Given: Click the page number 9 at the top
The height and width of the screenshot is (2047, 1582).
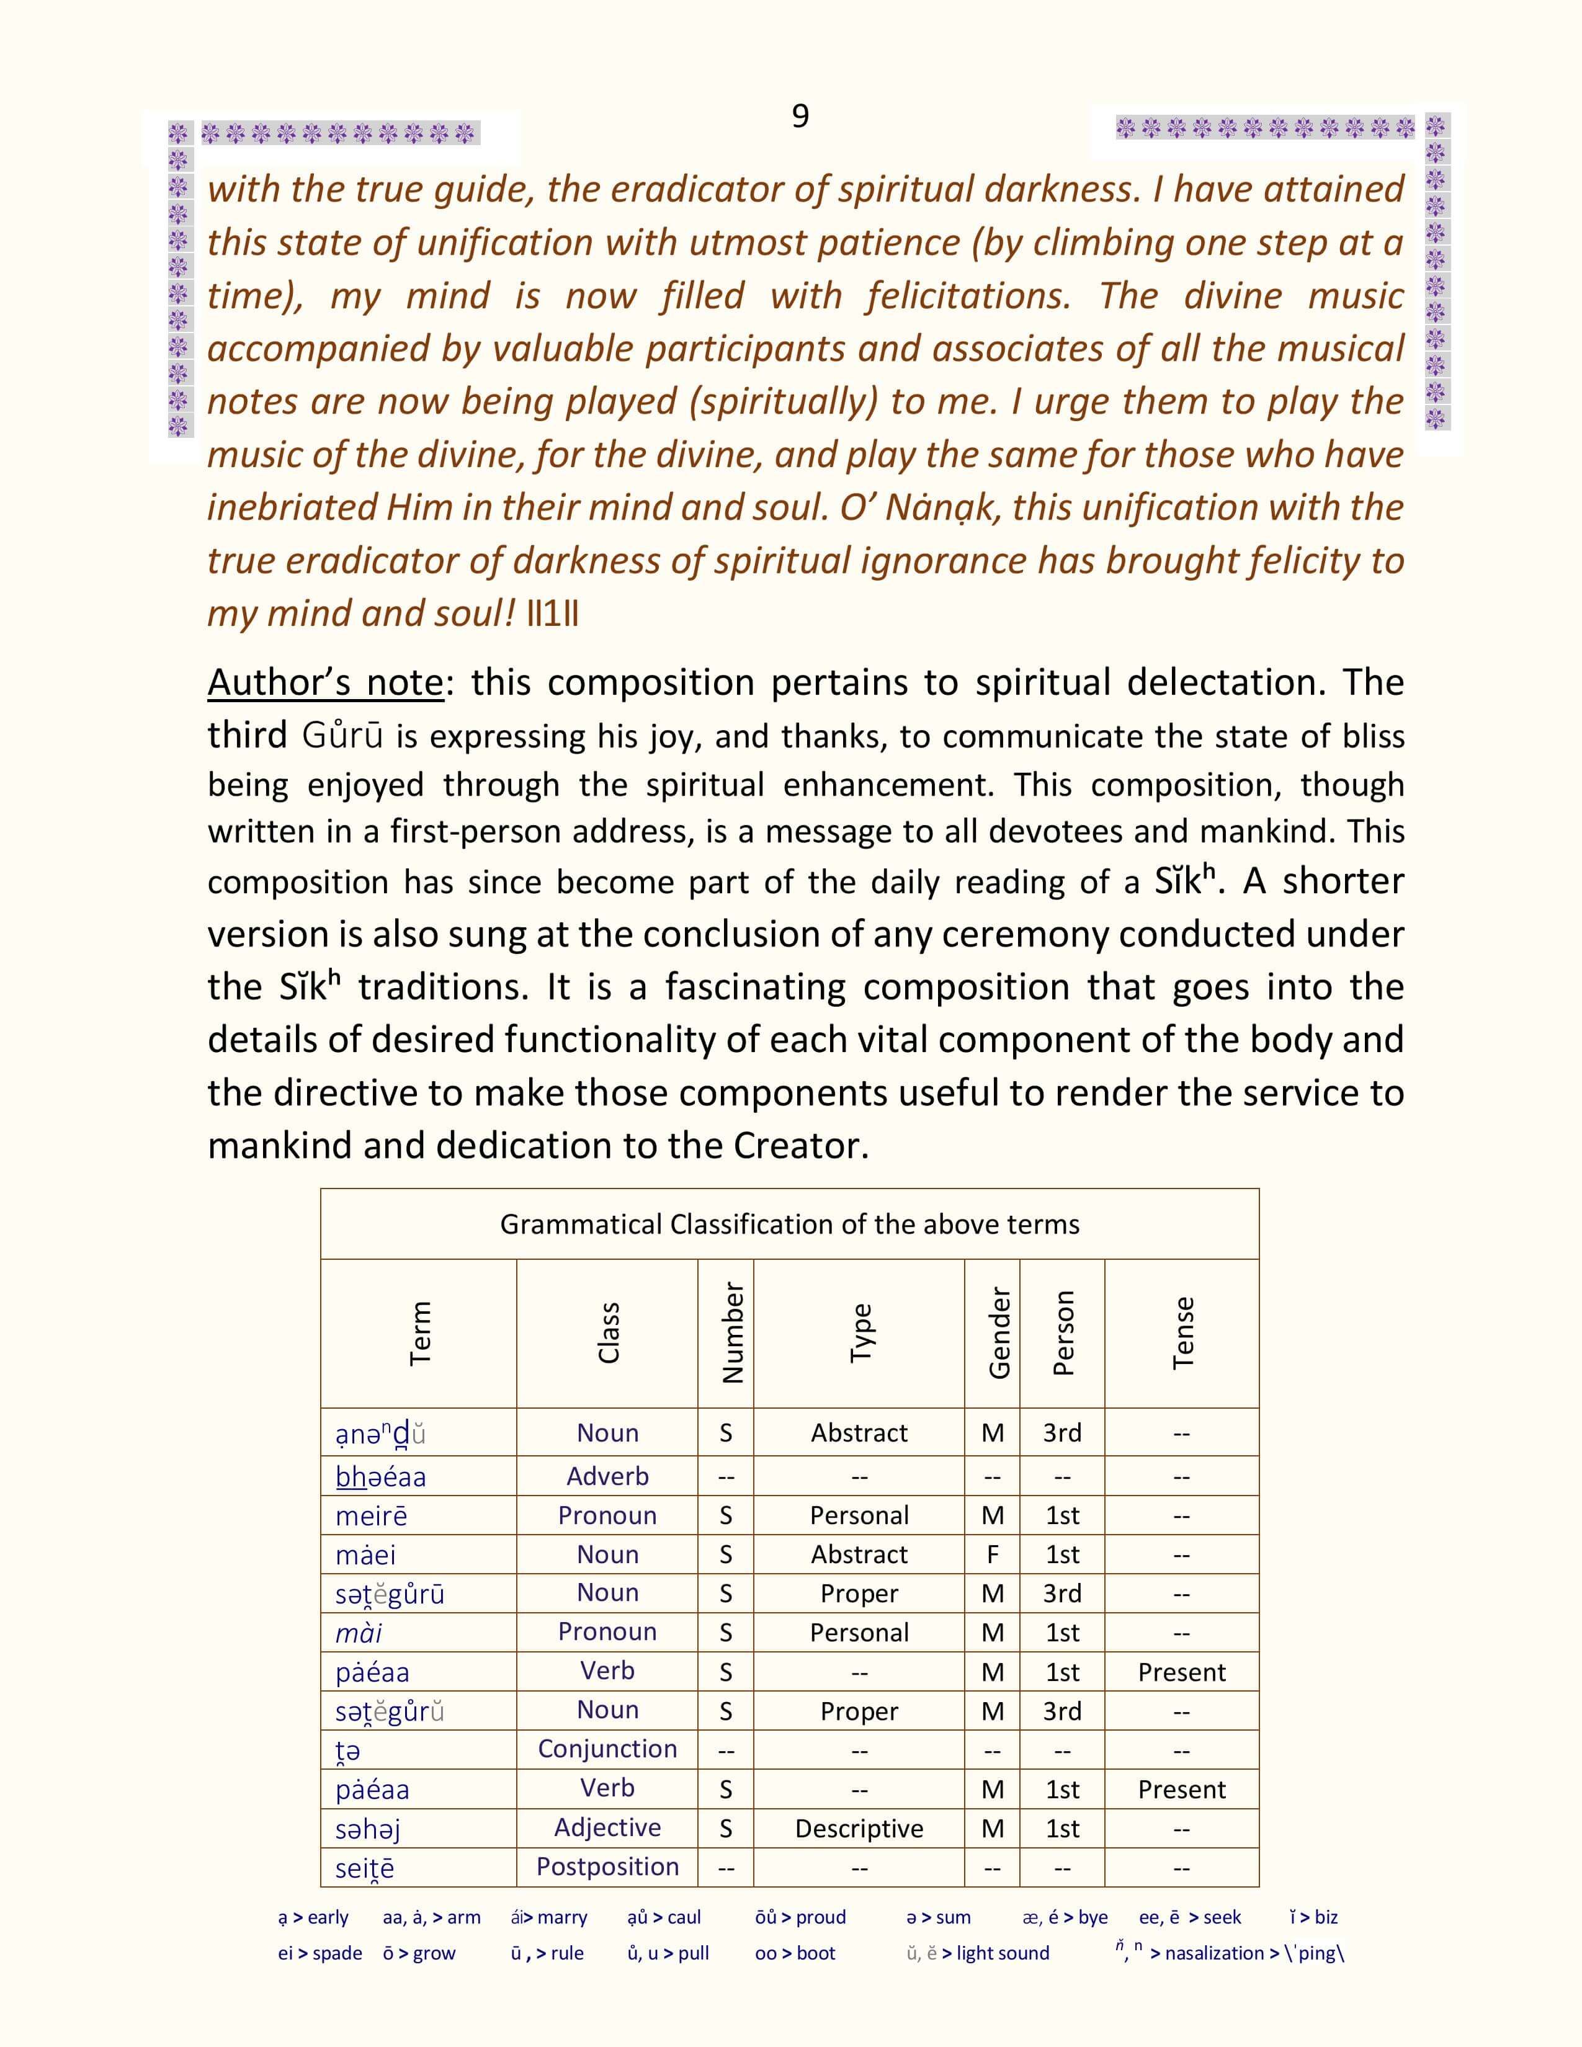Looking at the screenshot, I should coord(800,115).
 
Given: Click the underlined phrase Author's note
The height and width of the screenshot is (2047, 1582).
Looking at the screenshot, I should coord(324,682).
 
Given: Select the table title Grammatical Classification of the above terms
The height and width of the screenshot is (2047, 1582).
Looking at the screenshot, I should coord(789,1224).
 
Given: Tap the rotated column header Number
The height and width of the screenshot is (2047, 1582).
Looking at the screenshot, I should coord(732,1333).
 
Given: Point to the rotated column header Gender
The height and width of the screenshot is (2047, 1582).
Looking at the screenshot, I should coord(999,1333).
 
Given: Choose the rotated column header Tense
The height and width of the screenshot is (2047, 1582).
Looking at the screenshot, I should coord(1182,1333).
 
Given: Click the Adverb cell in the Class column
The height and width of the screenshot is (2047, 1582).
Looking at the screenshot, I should coord(607,1476).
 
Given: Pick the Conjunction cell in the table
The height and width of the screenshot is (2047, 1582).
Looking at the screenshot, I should coord(607,1749).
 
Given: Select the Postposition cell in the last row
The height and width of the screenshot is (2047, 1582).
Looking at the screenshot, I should coord(607,1867).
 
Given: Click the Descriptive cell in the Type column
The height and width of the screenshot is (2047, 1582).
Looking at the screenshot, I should coord(859,1829).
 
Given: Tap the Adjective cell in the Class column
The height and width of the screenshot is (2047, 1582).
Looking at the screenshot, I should coord(607,1827).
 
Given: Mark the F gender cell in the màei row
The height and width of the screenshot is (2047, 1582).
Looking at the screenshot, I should coord(993,1555).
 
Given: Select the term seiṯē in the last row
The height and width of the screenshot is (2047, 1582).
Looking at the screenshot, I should coord(365,1868).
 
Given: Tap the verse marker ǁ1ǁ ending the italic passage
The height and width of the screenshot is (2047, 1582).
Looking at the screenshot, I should coord(552,614).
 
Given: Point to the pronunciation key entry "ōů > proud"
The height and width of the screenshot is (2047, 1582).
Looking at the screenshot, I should coord(800,1917).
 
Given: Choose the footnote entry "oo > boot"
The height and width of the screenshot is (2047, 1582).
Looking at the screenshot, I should coord(795,1953).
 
